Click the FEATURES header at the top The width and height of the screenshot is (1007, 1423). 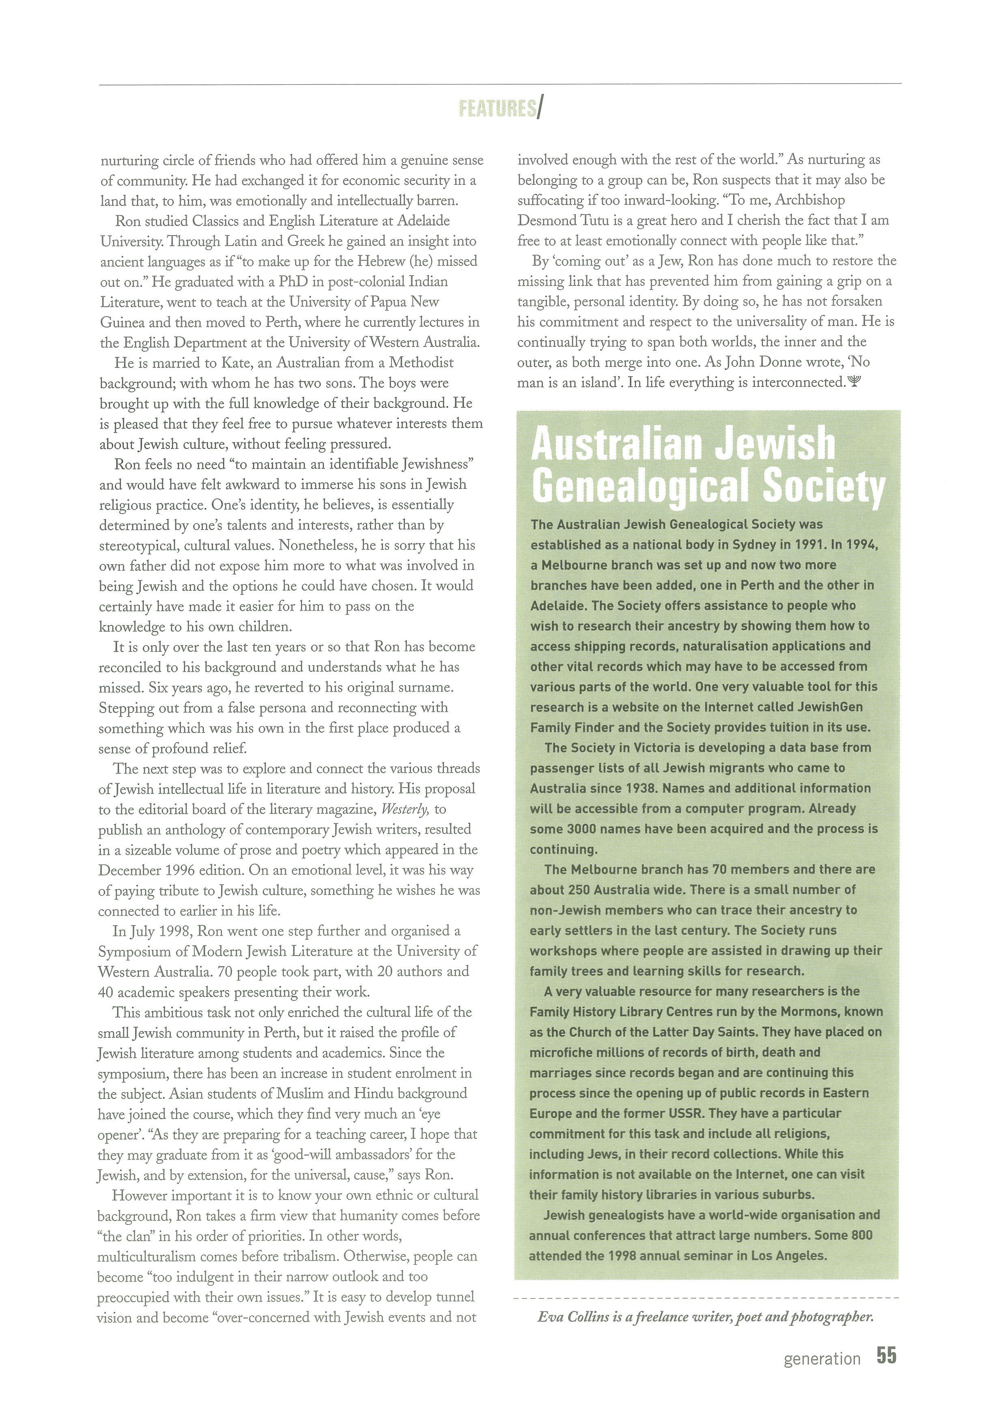(498, 109)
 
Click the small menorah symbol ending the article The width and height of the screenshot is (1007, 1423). (854, 382)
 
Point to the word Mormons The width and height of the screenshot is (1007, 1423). (778, 1012)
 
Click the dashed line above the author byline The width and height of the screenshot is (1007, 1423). (706, 1297)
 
